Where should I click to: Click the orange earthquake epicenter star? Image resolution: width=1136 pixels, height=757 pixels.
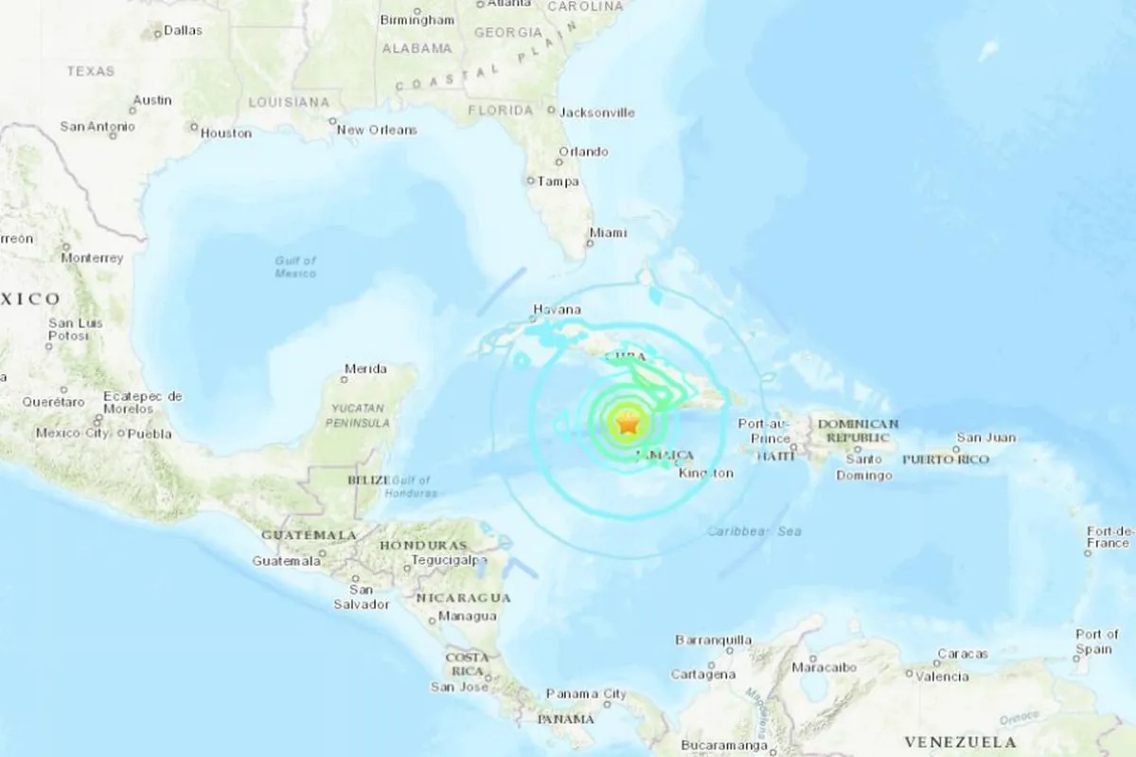tap(627, 425)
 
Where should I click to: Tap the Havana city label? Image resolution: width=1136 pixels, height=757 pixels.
tap(556, 310)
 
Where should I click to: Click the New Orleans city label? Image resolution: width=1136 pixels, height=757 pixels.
tap(377, 129)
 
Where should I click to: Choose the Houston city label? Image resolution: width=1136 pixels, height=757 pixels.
tap(226, 134)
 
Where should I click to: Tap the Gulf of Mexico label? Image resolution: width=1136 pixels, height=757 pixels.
tap(295, 266)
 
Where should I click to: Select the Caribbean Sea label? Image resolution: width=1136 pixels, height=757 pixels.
tap(754, 532)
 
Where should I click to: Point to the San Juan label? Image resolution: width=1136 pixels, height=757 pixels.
tap(985, 438)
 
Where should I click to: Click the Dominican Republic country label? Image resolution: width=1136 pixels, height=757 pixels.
tap(858, 431)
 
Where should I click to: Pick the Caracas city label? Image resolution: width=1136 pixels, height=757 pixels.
tap(963, 654)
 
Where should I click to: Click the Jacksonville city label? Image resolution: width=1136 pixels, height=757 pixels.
tap(597, 112)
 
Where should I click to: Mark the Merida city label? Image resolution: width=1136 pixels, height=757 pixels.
tap(365, 369)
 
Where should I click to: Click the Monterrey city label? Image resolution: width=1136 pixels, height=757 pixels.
tap(92, 258)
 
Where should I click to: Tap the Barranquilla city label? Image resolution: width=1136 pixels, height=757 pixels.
tap(713, 640)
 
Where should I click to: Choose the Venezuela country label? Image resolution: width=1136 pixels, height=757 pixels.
tap(960, 742)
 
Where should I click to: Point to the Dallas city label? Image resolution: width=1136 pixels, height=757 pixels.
tap(183, 30)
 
